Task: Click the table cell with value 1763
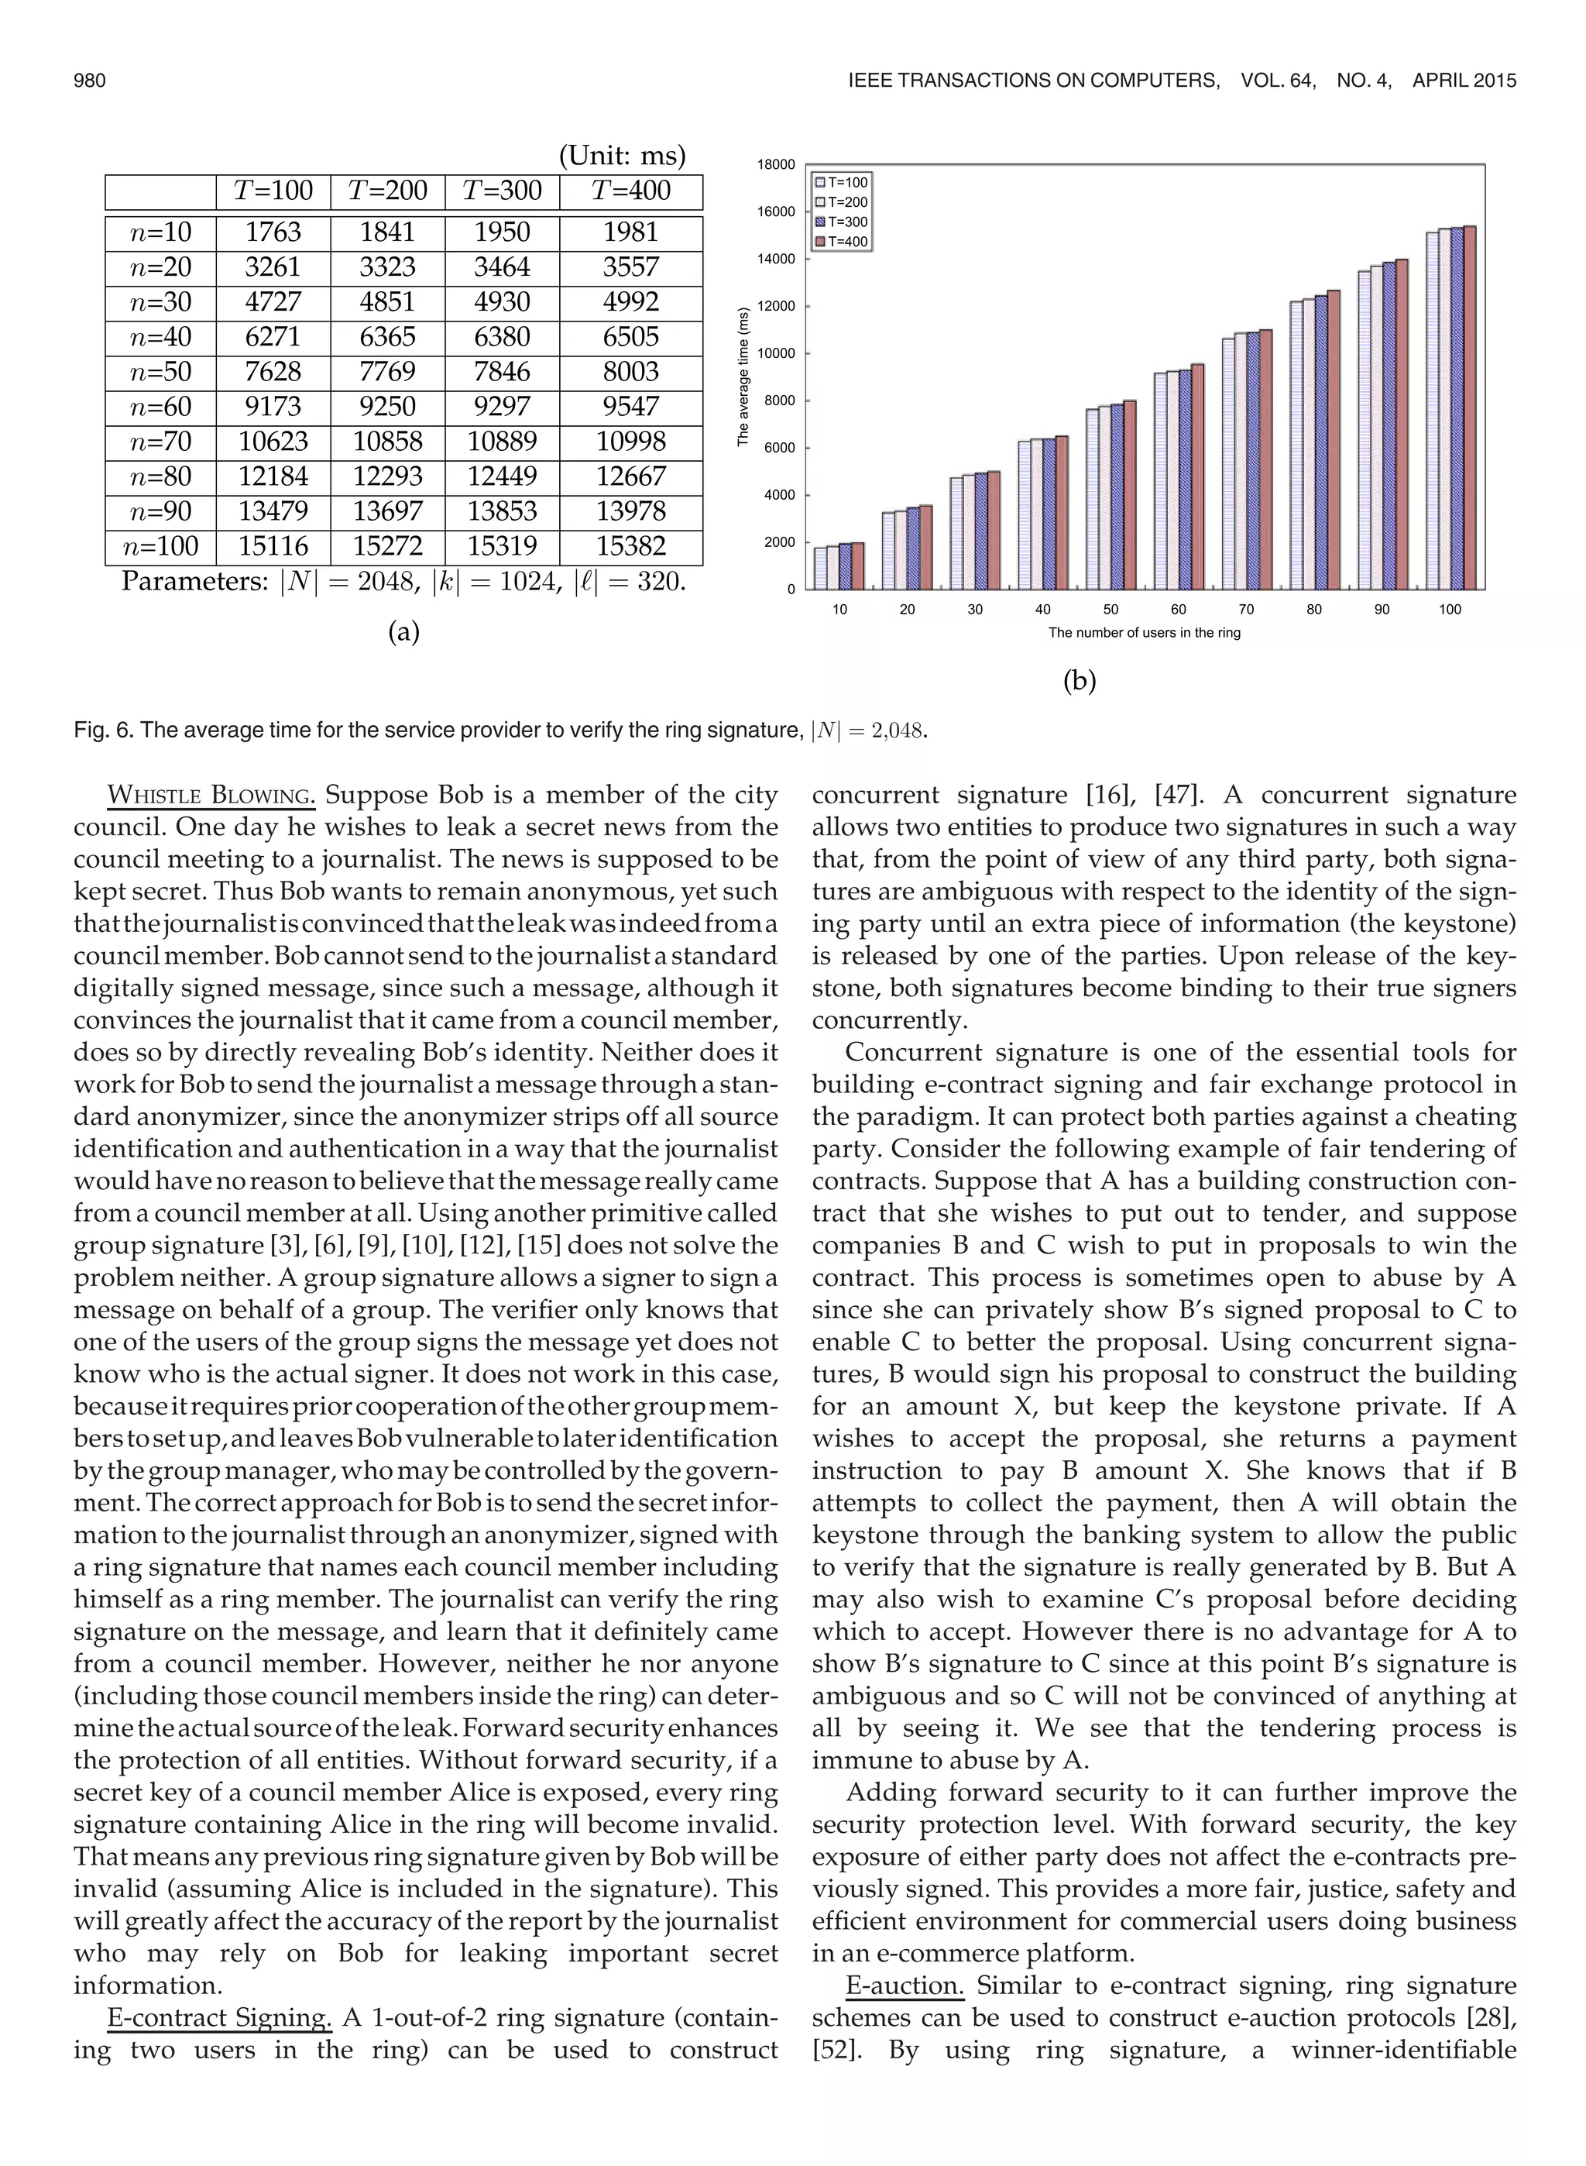[x=273, y=232]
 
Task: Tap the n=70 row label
[x=160, y=442]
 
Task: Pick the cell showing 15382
[x=630, y=546]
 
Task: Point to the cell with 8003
[x=630, y=372]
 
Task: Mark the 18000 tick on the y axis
[x=777, y=165]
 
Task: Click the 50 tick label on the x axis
[x=1111, y=610]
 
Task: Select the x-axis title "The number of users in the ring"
[x=1145, y=634]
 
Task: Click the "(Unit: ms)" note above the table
[x=622, y=156]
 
